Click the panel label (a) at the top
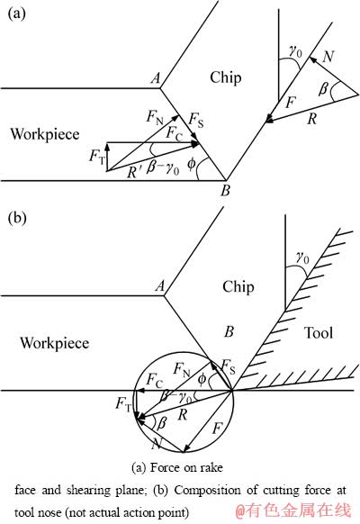point(16,14)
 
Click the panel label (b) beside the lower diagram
point(17,218)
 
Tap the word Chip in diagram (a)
point(226,77)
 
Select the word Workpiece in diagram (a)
point(45,134)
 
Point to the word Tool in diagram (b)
point(319,333)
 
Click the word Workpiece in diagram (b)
point(54,343)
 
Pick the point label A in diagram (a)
point(156,78)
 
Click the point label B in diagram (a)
point(225,191)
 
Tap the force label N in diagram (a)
point(328,57)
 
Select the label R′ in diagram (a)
point(135,172)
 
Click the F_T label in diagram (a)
point(97,157)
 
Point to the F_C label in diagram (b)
point(155,380)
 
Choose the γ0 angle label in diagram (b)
point(302,257)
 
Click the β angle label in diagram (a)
point(323,88)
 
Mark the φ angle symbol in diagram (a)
point(191,164)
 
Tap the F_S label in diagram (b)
point(228,366)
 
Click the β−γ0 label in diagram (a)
point(163,168)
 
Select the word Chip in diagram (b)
point(238,287)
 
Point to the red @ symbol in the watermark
point(241,511)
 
